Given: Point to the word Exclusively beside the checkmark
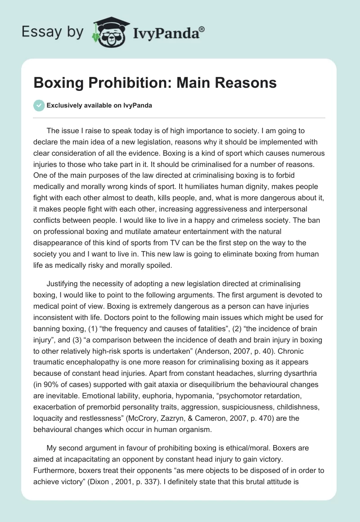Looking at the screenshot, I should pyautogui.click(x=64, y=105).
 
